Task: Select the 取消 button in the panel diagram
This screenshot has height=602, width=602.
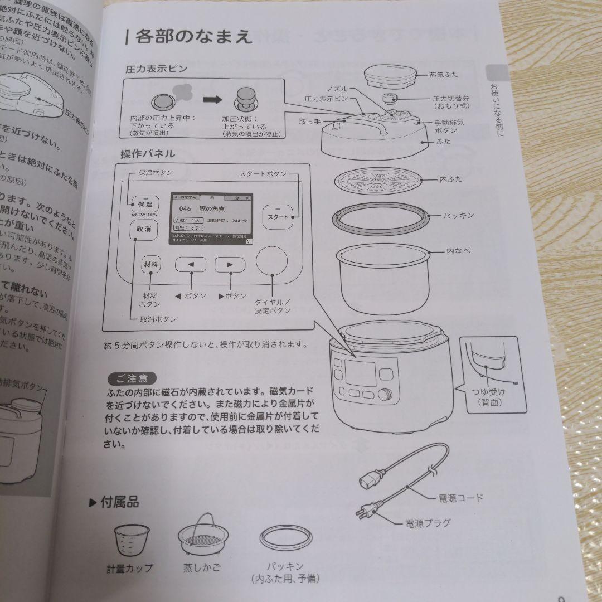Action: (141, 230)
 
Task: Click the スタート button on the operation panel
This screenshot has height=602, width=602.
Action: (278, 217)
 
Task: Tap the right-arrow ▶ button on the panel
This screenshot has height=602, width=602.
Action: (230, 266)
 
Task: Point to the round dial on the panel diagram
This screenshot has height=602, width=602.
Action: (272, 261)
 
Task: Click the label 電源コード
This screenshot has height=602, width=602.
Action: (460, 498)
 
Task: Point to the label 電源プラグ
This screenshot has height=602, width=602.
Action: (428, 523)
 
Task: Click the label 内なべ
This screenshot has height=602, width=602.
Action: (458, 251)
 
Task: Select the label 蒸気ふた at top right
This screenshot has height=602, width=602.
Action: (444, 74)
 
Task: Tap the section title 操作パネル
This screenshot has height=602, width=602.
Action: (148, 154)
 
